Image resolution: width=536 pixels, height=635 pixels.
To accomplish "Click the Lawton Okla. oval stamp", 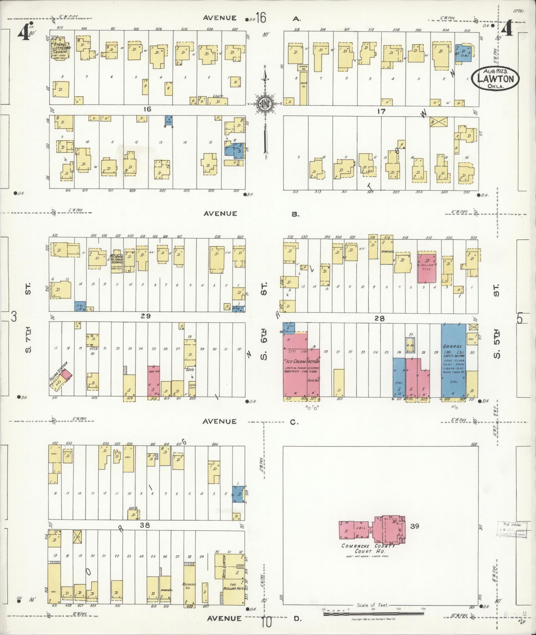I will click(495, 78).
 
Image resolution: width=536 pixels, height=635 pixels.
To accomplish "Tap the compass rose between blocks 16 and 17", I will click(266, 104).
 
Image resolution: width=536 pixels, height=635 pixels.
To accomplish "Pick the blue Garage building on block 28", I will click(453, 360).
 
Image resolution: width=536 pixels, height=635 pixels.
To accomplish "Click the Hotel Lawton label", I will click(224, 567).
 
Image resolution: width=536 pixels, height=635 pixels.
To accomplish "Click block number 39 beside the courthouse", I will click(415, 526).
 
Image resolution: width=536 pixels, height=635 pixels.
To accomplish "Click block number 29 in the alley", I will click(145, 316).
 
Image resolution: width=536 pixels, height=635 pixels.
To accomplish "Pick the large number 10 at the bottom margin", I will click(266, 623).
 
